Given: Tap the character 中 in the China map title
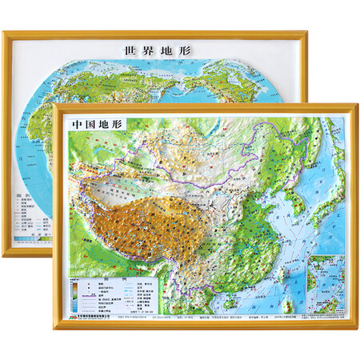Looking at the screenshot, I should coord(73,125).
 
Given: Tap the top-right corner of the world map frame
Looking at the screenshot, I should coord(308,33).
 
